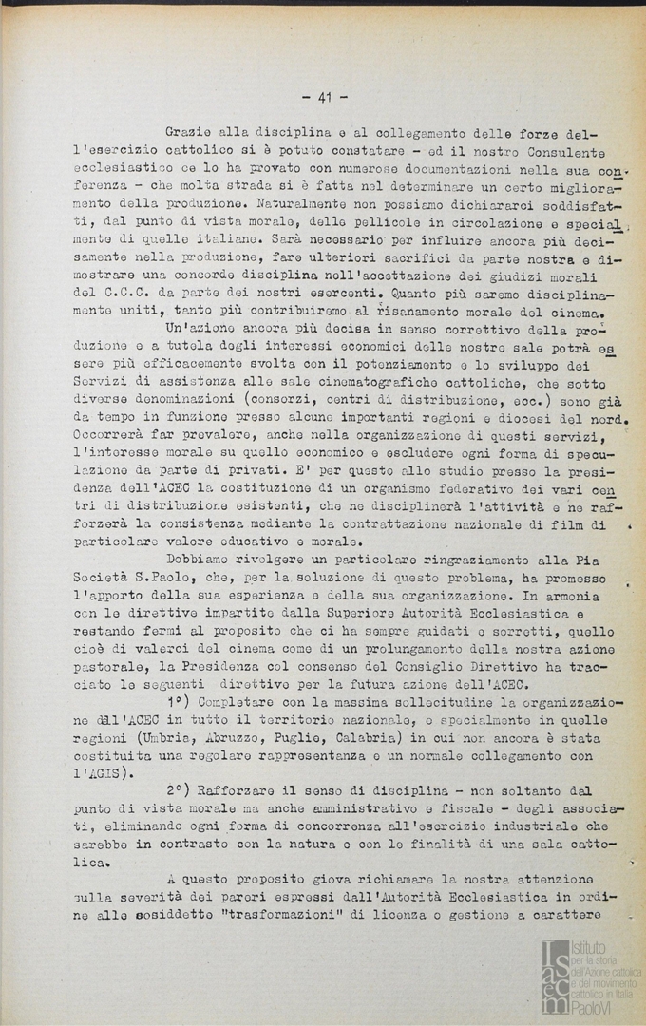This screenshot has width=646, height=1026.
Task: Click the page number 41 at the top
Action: click(325, 97)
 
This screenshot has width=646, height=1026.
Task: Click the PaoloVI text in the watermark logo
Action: click(591, 1008)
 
